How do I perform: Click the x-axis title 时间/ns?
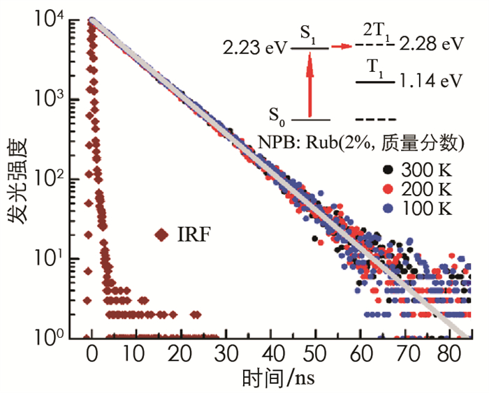click(x=276, y=380)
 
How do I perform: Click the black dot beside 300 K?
click(x=387, y=170)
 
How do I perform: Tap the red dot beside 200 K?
click(x=387, y=188)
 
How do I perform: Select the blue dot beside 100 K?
click(x=387, y=207)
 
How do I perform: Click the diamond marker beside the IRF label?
click(x=163, y=236)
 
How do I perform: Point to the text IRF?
click(x=195, y=236)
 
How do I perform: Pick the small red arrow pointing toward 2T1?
click(x=340, y=47)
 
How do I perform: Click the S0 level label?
click(x=279, y=114)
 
